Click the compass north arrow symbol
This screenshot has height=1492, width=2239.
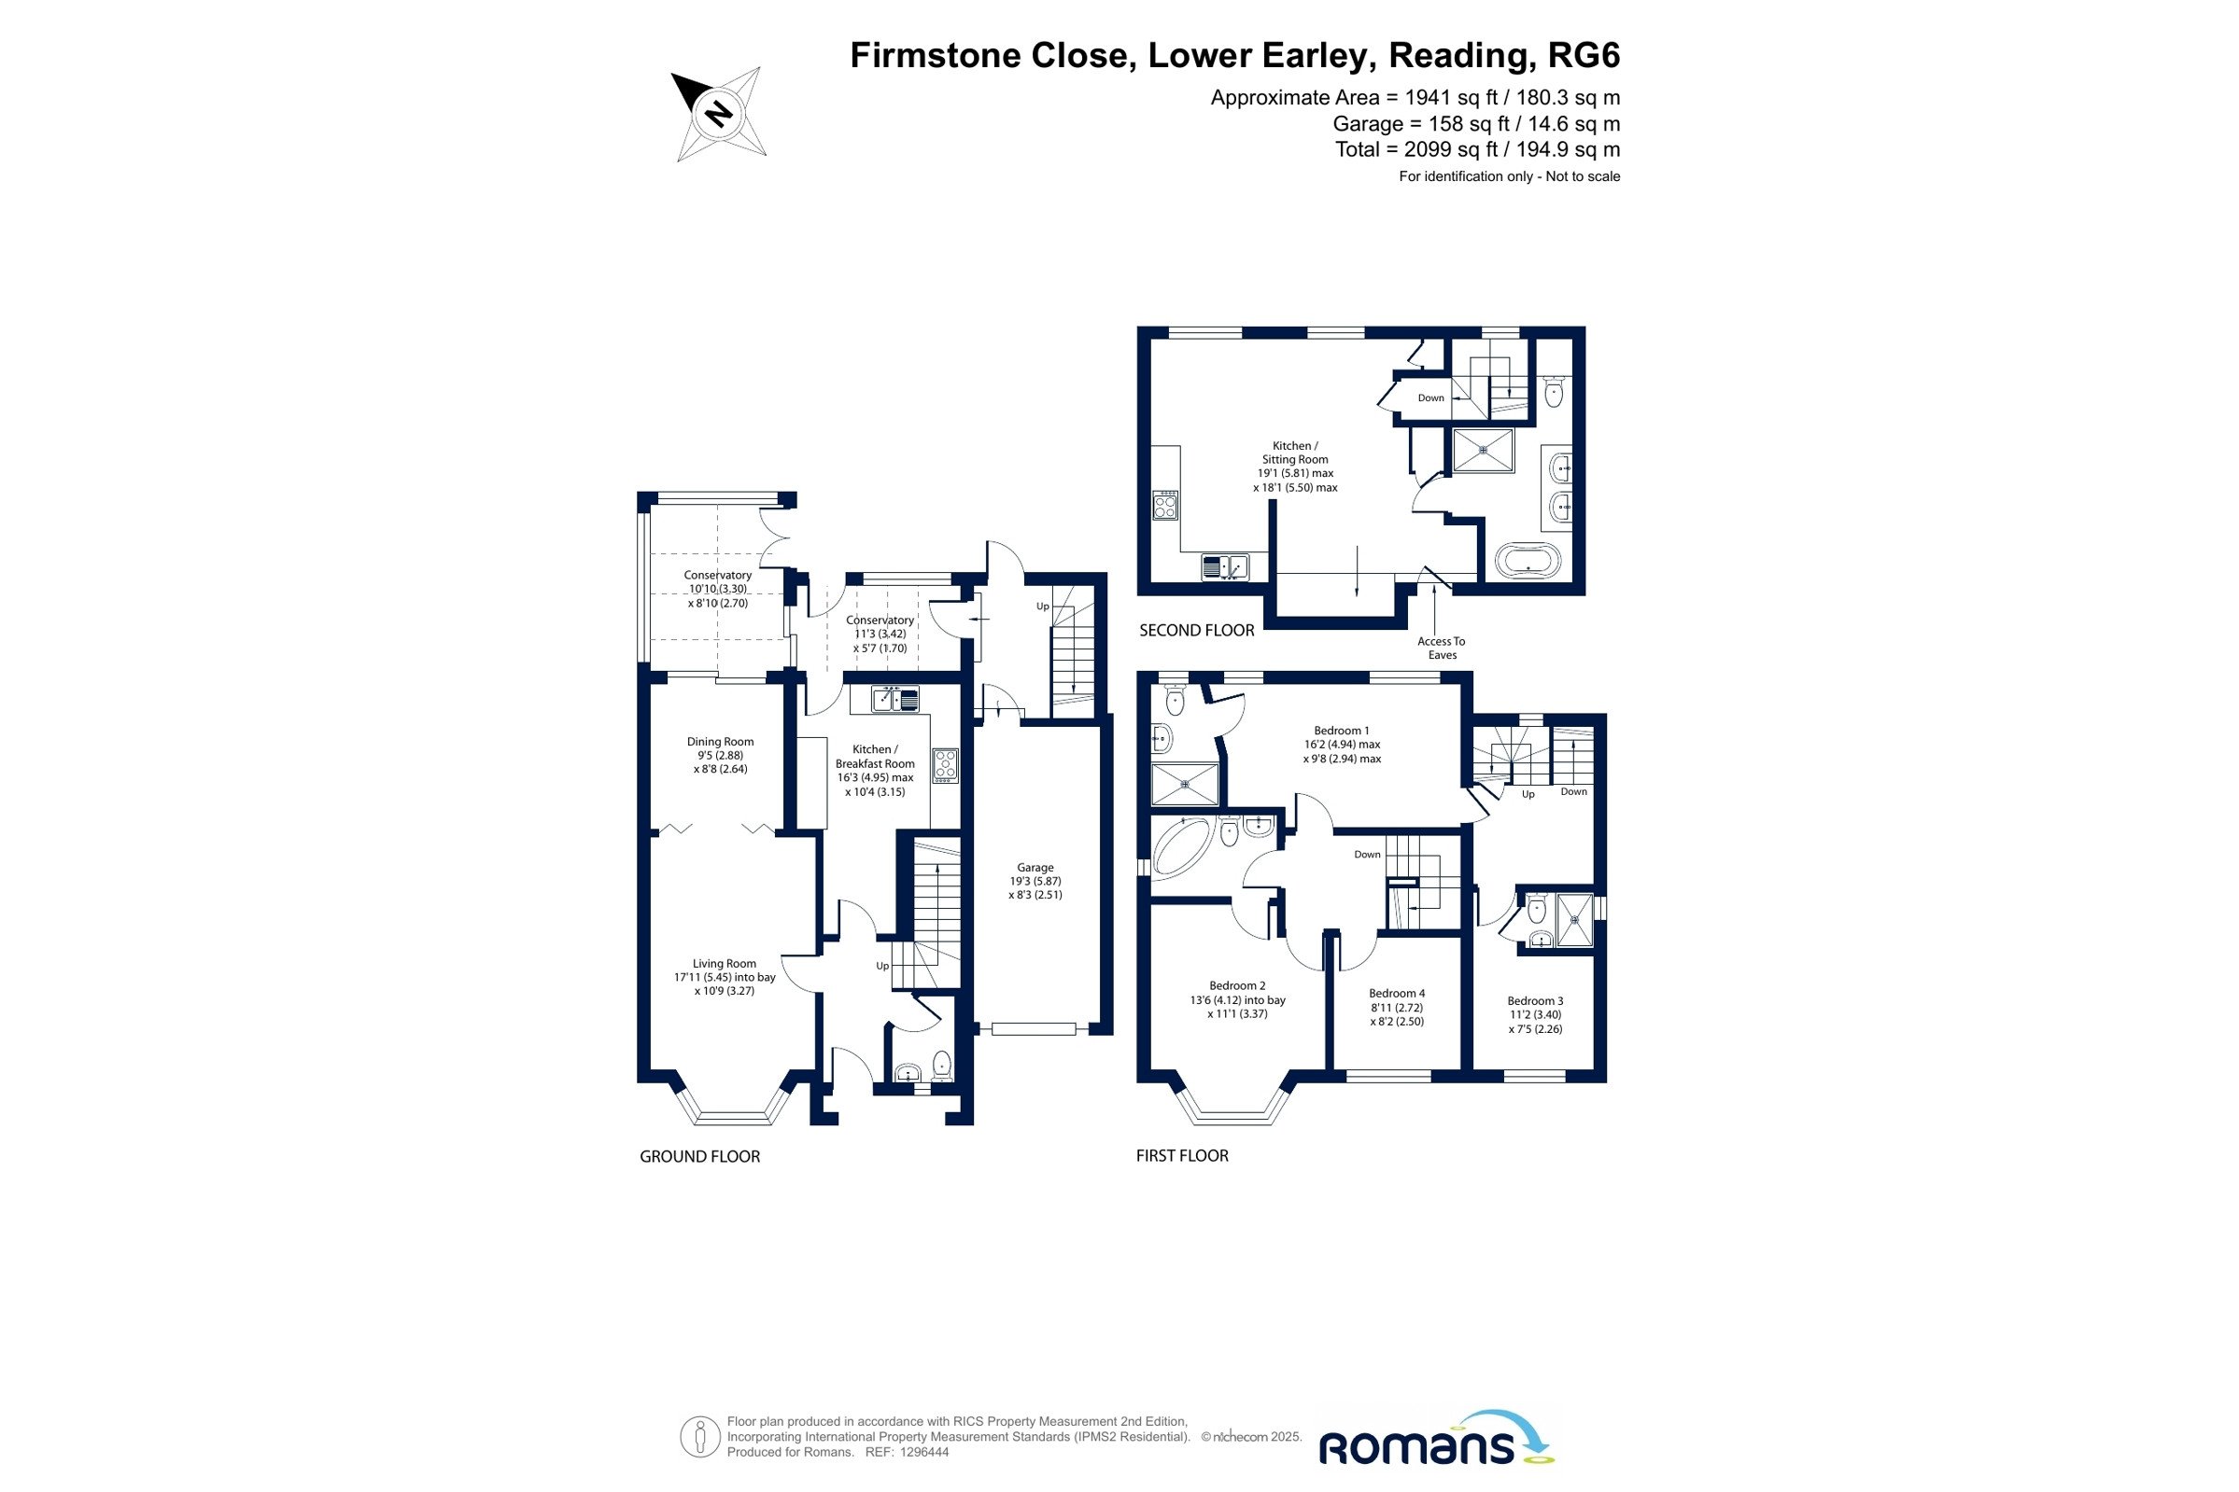tap(719, 114)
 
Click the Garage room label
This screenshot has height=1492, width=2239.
tap(1035, 881)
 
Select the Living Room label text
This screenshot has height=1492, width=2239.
tap(725, 977)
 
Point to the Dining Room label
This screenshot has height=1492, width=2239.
tap(720, 756)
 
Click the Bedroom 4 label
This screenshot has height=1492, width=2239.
tap(1397, 1008)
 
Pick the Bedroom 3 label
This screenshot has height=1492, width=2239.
tap(1535, 1015)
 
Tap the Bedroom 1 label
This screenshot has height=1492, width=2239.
tap(1342, 745)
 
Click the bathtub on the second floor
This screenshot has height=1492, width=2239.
tap(1528, 561)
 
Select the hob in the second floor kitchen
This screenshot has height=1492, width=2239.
tap(1165, 505)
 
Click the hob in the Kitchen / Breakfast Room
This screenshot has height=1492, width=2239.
tap(944, 766)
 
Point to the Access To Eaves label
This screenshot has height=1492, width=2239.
tap(1442, 648)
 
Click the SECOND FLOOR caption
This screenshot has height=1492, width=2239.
tap(1197, 630)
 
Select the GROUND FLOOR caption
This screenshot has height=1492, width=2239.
tap(699, 1156)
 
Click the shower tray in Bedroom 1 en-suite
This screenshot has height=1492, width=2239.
tap(1185, 784)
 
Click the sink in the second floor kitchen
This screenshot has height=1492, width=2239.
tap(1224, 567)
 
